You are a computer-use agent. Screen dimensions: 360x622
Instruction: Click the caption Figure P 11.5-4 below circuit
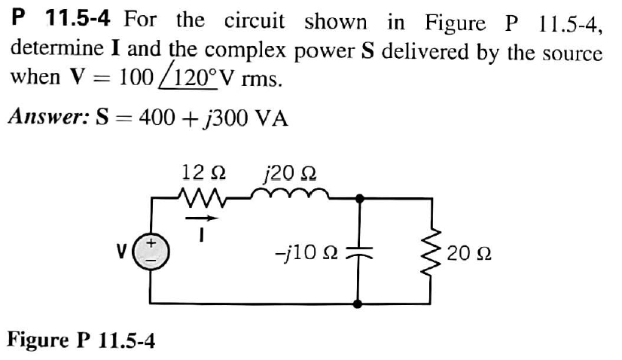[x=81, y=340]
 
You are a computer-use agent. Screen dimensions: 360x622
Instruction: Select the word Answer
[x=46, y=118]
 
